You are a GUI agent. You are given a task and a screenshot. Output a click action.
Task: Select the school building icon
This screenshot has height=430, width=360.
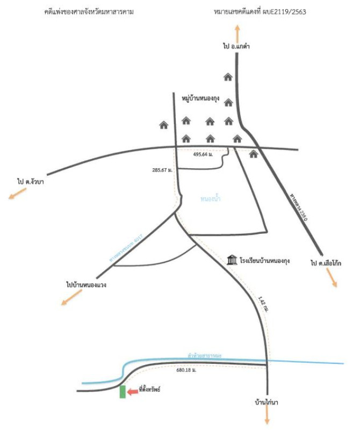[232, 261]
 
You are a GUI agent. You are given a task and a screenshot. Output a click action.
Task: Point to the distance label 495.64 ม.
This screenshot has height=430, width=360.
[204, 154]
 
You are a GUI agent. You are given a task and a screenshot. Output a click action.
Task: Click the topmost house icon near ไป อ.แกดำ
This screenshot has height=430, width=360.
[228, 77]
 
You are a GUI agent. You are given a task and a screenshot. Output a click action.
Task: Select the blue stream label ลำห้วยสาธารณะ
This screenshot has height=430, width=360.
[205, 356]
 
